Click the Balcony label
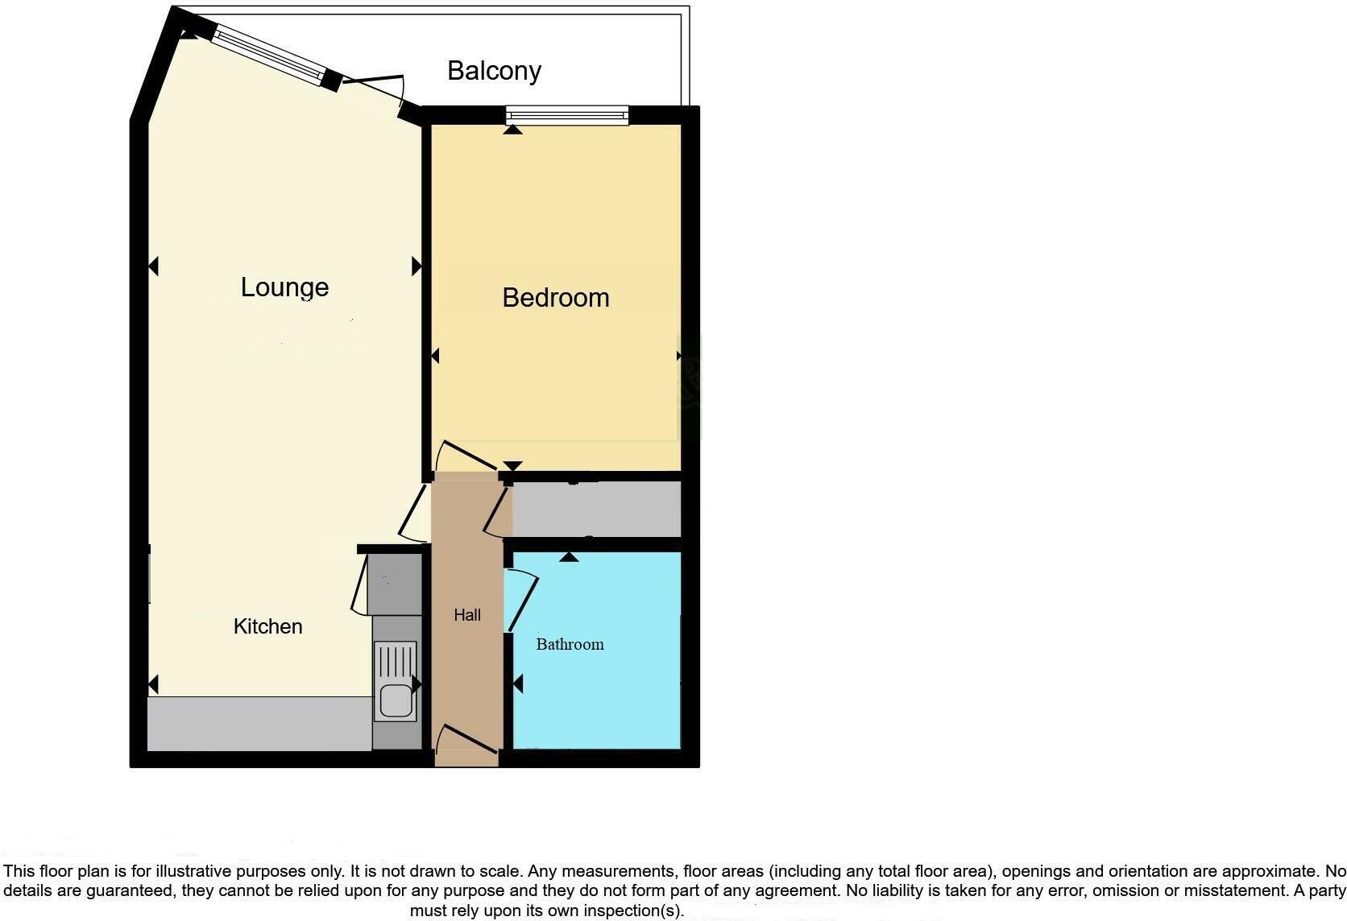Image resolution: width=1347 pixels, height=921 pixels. (494, 71)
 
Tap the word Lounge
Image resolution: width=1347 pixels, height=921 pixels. (284, 287)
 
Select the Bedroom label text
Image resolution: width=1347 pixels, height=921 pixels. (555, 298)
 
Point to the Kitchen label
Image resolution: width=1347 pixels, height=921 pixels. (267, 626)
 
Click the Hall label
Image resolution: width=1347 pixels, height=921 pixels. (467, 615)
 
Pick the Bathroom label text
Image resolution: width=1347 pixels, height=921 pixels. (570, 644)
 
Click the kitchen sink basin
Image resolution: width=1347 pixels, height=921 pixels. (396, 700)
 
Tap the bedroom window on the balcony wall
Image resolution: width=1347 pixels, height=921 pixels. (567, 117)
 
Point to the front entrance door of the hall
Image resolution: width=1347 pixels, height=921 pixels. (466, 739)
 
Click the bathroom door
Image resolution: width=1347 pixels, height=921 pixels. (522, 600)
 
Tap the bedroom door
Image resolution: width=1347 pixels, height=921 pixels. (466, 456)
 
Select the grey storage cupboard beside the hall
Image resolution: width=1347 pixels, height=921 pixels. (596, 509)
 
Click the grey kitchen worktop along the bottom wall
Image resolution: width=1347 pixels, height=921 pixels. (258, 724)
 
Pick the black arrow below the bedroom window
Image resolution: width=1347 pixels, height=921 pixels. (512, 129)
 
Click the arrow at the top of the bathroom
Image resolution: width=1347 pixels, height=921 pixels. (569, 556)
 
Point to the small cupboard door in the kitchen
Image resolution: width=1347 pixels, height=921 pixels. (360, 584)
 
